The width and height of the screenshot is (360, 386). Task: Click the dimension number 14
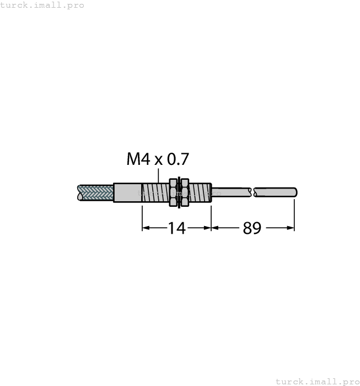click(x=176, y=228)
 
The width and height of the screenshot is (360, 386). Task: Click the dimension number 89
click(x=252, y=228)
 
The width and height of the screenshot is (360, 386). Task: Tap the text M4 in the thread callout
click(x=138, y=159)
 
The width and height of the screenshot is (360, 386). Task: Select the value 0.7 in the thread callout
click(x=178, y=159)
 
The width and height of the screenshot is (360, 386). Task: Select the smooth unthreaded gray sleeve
click(x=127, y=192)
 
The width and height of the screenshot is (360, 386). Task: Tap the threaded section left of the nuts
click(x=154, y=192)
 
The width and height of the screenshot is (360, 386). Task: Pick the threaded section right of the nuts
click(x=201, y=192)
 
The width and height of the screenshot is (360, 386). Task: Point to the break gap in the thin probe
click(x=253, y=192)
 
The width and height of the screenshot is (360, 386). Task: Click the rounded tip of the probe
click(x=295, y=192)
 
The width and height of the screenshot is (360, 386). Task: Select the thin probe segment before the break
click(x=232, y=192)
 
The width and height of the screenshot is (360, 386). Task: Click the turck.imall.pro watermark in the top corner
click(x=42, y=5)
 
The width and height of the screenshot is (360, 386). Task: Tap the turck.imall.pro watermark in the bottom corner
click(x=317, y=381)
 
